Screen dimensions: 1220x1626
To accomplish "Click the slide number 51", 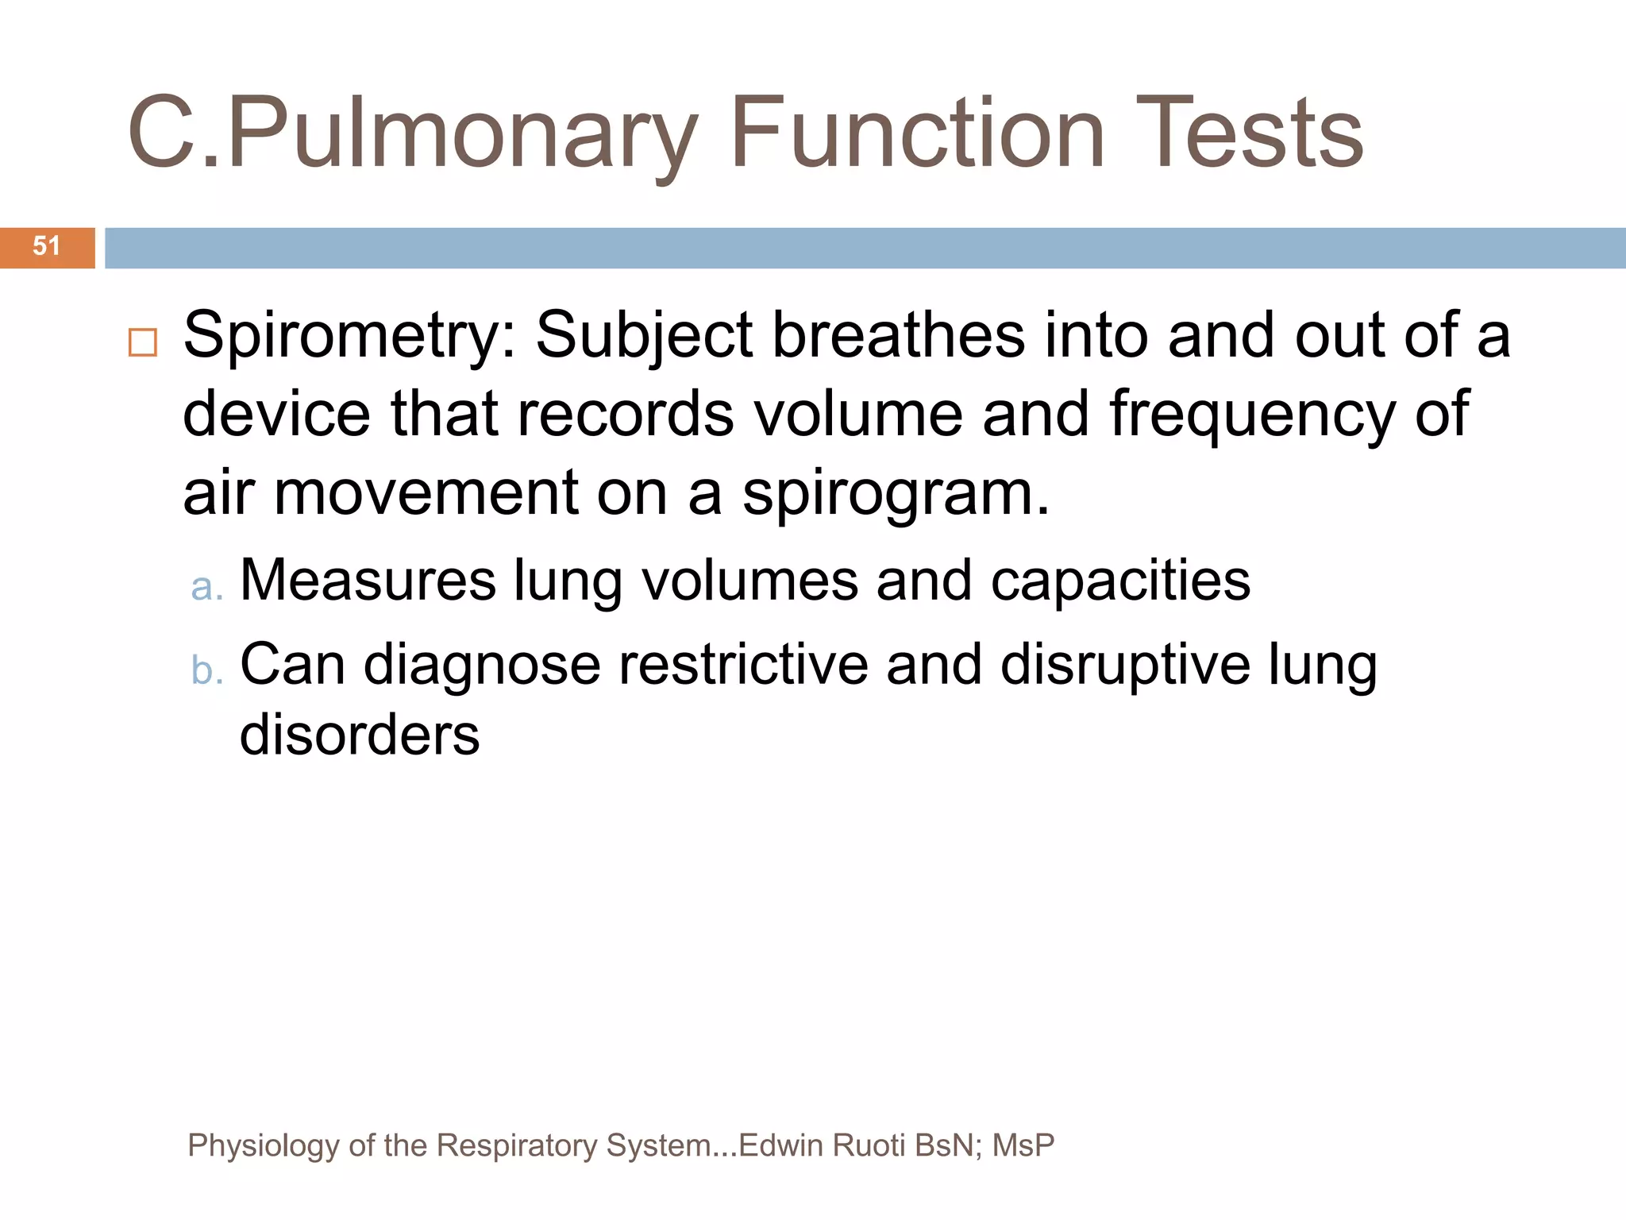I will click(47, 246).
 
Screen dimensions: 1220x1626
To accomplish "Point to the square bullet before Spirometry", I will click(143, 343).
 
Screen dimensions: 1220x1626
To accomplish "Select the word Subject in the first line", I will click(644, 335).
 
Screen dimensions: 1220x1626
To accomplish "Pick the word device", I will click(276, 414).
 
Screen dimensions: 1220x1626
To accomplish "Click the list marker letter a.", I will click(206, 587).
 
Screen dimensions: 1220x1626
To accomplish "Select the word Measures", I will click(368, 580).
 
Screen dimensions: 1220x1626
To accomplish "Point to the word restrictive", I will click(743, 664).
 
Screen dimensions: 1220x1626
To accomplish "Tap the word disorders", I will click(360, 735).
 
